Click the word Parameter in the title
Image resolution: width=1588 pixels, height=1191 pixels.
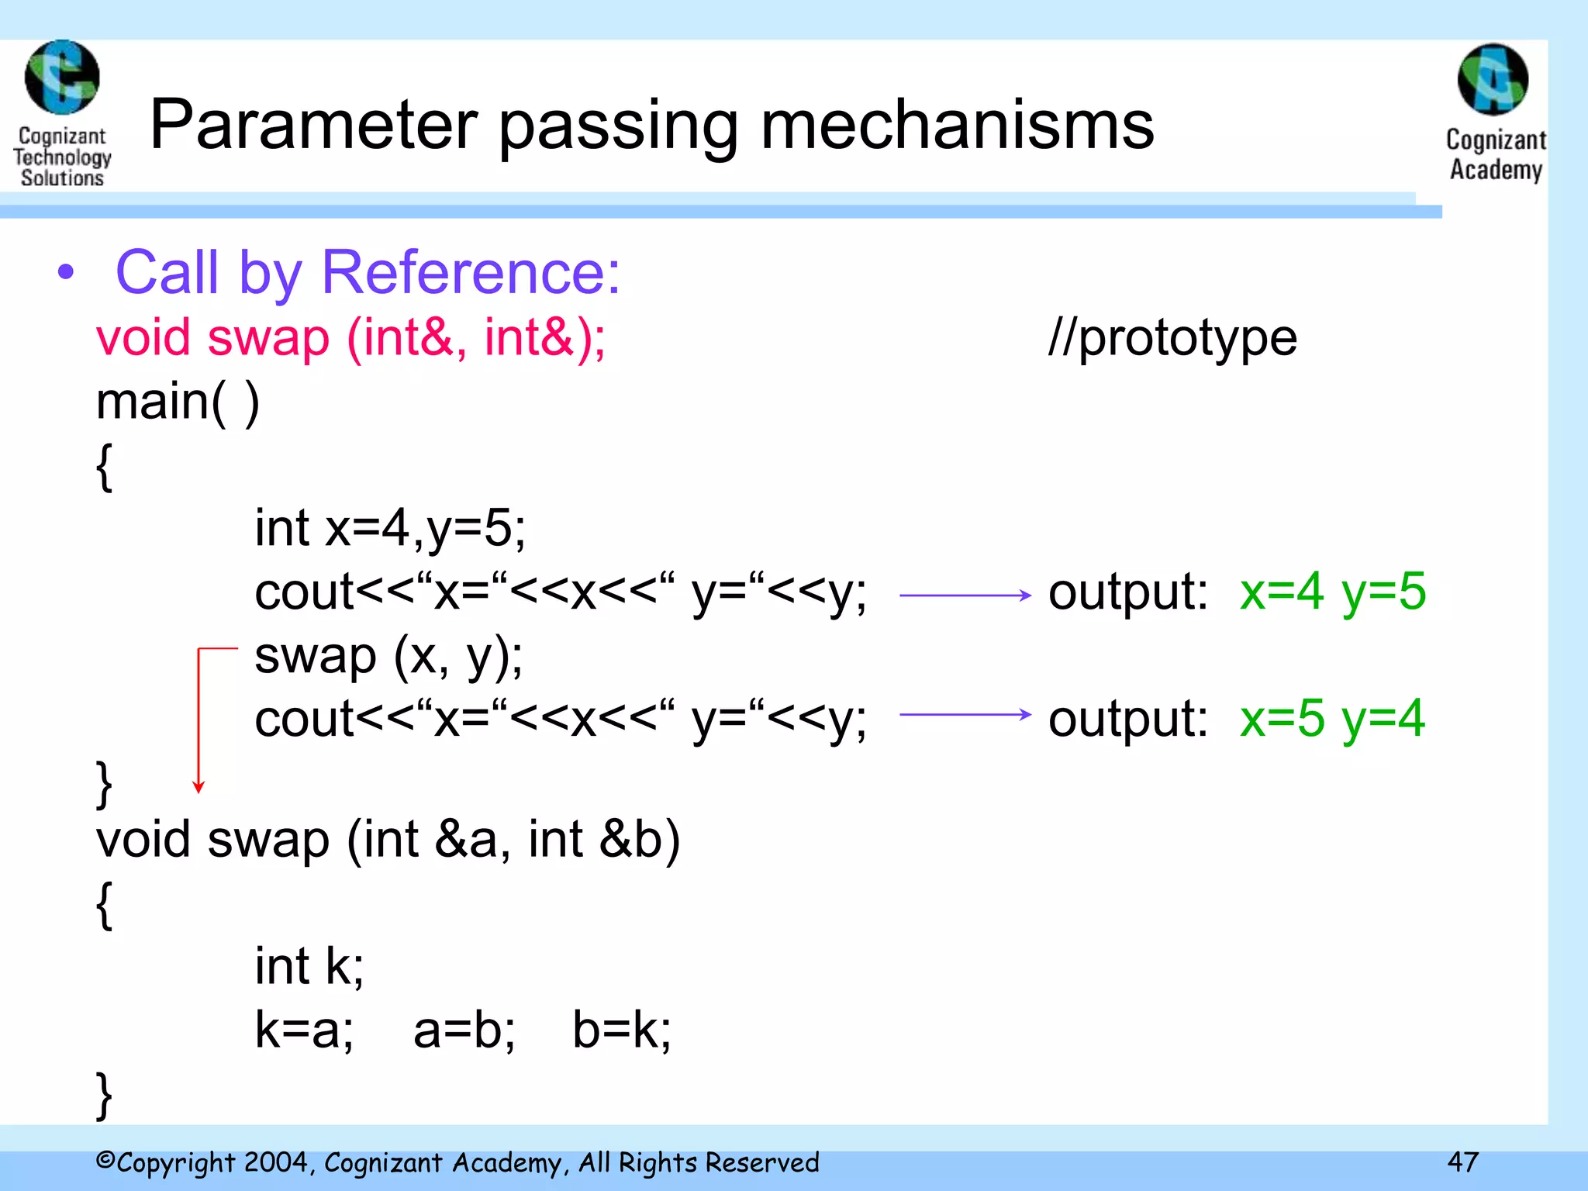[314, 126]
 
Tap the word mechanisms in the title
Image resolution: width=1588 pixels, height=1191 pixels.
[957, 126]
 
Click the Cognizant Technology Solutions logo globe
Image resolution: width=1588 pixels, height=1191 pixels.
[62, 78]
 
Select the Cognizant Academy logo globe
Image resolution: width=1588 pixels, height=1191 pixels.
[1493, 80]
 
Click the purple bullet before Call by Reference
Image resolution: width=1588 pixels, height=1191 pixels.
[67, 272]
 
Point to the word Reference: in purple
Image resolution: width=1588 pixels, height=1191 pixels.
[471, 272]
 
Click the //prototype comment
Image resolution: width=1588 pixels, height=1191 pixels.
[1172, 338]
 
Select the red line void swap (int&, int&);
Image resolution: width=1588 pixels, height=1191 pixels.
[350, 338]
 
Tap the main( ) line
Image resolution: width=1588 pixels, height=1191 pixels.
[178, 402]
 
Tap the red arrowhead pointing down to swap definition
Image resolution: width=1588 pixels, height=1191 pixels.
[198, 787]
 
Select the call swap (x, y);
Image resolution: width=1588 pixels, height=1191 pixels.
[388, 656]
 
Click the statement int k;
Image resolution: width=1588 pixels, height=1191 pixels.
[309, 966]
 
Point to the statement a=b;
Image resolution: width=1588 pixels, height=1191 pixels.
[464, 1030]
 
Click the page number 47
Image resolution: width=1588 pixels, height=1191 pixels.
[1462, 1162]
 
